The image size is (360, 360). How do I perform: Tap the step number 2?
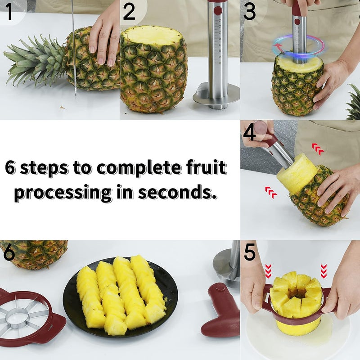click(x=129, y=12)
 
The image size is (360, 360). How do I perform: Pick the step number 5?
click(x=250, y=253)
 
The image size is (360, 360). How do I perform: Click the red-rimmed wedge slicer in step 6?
click(x=27, y=315)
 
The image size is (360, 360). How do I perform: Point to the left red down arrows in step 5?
click(x=269, y=271)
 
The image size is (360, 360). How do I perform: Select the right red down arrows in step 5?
click(x=323, y=271)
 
